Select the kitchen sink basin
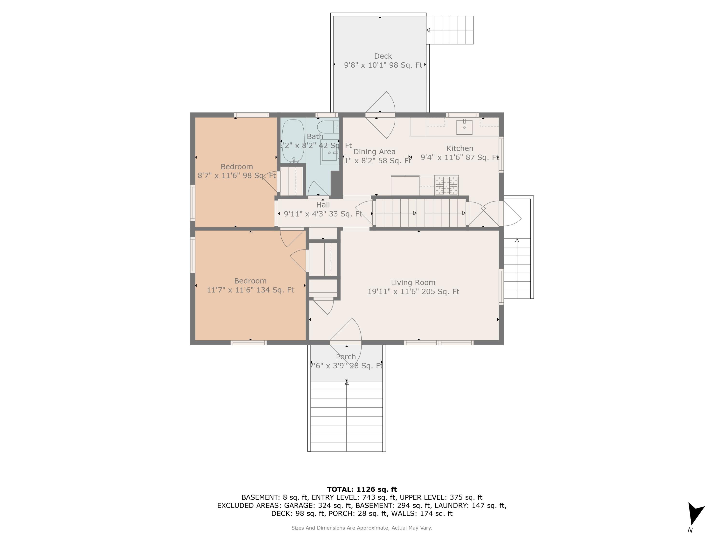tap(464, 127)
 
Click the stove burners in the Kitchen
tap(446, 185)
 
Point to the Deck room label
tap(383, 56)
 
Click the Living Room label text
tap(413, 282)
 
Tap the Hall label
tap(323, 205)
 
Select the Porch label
tap(346, 357)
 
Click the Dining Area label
tap(374, 152)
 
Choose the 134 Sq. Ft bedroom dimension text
tap(251, 290)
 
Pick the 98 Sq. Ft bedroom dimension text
tap(237, 175)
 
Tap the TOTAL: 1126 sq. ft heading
tap(362, 489)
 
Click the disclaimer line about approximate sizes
tap(362, 528)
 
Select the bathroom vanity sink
tap(329, 152)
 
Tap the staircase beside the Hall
tap(421, 213)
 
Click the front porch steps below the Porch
tap(346, 416)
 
